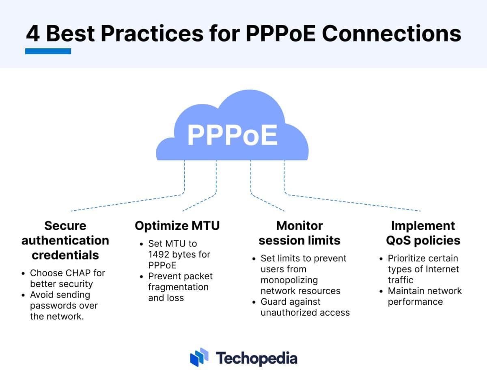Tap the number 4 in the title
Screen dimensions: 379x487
33,34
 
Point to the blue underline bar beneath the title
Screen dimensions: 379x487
48,51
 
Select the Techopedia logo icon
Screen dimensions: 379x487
199,358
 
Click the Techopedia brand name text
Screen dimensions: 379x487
256,358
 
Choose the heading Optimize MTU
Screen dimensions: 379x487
177,226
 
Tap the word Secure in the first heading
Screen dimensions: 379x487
65,226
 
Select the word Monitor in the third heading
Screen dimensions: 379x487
300,226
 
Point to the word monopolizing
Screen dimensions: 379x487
289,280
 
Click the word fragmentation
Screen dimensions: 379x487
178,287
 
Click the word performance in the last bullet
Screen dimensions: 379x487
415,302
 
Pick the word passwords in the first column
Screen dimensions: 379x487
54,306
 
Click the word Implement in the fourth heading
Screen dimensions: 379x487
423,226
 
